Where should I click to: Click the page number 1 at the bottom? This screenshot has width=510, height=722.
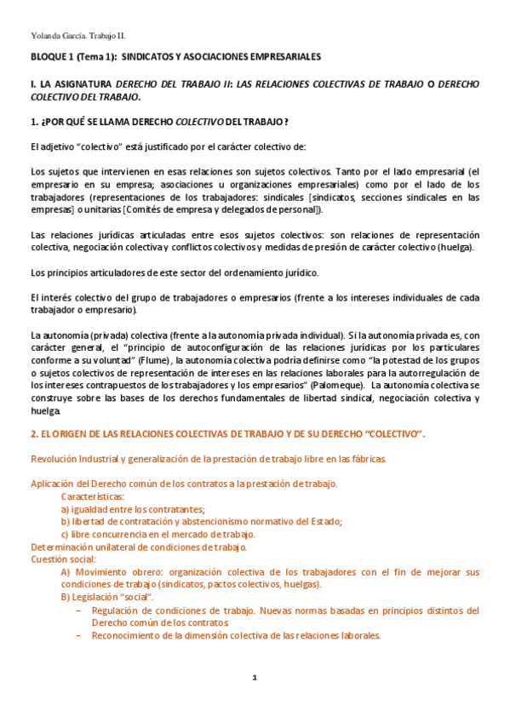point(254,677)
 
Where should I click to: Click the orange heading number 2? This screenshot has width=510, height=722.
point(33,434)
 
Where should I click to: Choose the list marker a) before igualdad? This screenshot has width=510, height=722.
point(66,509)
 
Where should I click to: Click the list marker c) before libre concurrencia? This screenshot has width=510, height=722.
point(66,534)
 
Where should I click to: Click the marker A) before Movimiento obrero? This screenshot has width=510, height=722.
point(66,572)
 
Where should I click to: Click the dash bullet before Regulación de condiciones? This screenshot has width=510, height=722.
point(78,610)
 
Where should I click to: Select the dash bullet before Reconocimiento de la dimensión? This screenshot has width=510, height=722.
point(78,635)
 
